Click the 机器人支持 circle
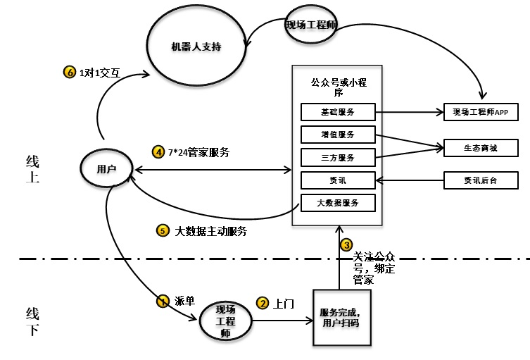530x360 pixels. pyautogui.click(x=196, y=47)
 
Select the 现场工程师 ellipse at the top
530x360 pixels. pyautogui.click(x=310, y=25)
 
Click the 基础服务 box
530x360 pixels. pyautogui.click(x=338, y=112)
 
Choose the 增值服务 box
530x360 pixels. pyautogui.click(x=338, y=134)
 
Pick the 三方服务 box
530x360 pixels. pyautogui.click(x=338, y=156)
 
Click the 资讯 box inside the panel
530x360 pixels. pyautogui.click(x=338, y=180)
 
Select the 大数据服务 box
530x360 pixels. pyautogui.click(x=338, y=203)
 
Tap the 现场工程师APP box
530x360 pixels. pyautogui.click(x=481, y=112)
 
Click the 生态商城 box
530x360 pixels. pyautogui.click(x=481, y=147)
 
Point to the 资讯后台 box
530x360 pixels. pyautogui.click(x=481, y=180)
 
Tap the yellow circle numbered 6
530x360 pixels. pyautogui.click(x=69, y=72)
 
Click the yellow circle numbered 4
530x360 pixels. pyautogui.click(x=158, y=151)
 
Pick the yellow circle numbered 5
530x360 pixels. pyautogui.click(x=163, y=230)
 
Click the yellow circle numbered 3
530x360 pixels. pyautogui.click(x=346, y=245)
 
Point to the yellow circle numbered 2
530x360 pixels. pyautogui.click(x=263, y=303)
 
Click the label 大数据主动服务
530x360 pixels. pyautogui.click(x=210, y=230)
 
